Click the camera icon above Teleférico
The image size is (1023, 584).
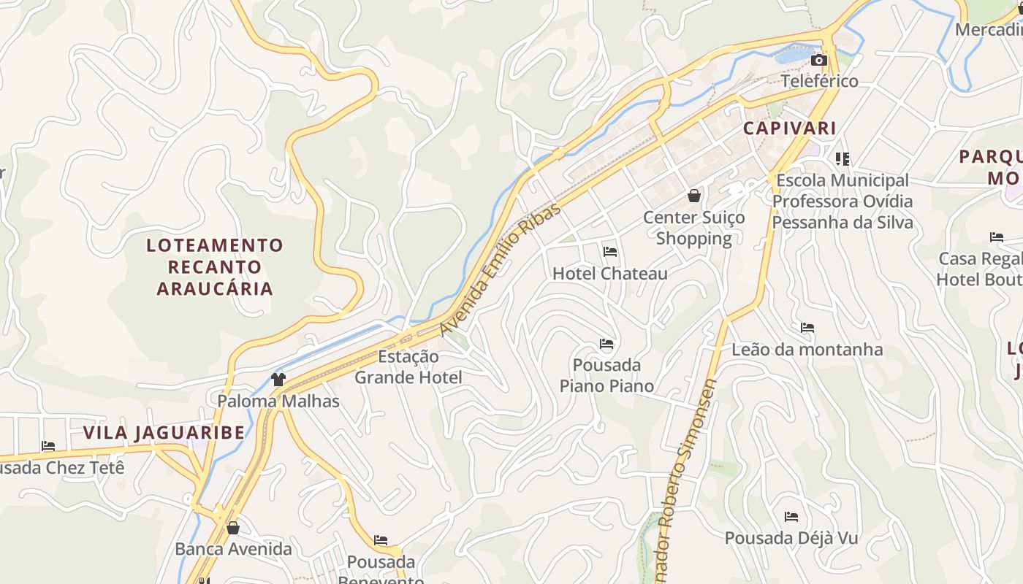819,60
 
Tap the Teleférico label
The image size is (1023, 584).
819,81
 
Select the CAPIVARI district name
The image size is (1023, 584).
789,128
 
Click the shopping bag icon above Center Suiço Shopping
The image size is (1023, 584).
693,196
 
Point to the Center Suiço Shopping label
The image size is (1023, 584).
693,228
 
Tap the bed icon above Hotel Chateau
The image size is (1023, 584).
610,252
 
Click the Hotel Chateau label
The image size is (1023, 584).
610,274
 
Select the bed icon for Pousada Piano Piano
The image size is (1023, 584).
606,344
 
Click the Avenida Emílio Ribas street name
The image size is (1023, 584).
501,269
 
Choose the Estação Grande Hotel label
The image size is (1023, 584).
408,367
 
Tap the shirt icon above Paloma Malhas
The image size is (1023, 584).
278,379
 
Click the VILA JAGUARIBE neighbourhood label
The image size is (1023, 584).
164,433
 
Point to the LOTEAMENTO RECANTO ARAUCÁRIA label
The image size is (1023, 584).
215,266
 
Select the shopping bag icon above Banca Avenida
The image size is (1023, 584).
233,527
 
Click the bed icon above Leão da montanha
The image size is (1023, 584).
807,328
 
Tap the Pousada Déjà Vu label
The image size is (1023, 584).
791,539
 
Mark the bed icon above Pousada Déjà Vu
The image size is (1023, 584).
791,517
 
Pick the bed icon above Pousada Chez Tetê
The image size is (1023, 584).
48,446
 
